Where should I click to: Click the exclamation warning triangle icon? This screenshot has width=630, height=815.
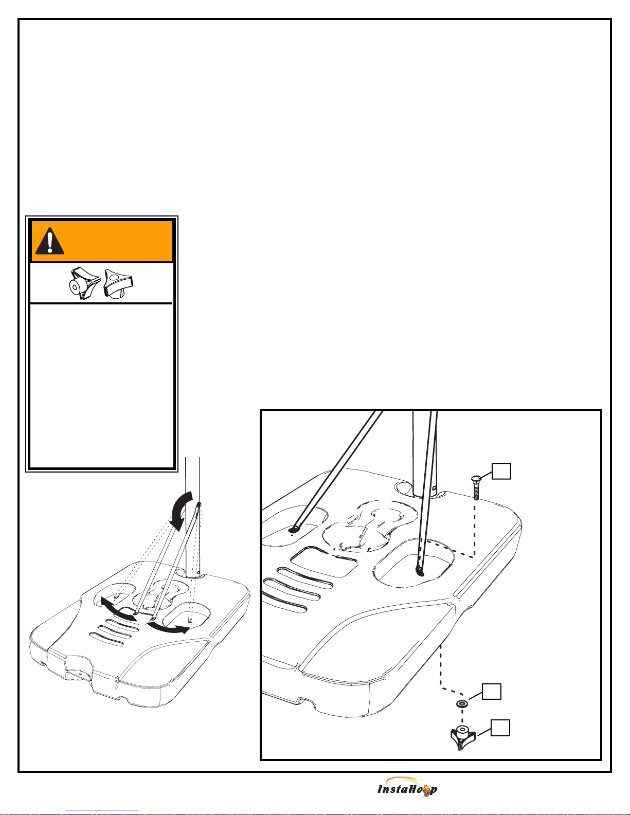point(49,241)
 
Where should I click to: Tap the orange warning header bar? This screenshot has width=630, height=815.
point(102,241)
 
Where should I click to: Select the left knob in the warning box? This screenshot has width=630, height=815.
point(85,284)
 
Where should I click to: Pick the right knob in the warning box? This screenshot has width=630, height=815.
point(118,283)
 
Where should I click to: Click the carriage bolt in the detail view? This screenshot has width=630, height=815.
point(476,487)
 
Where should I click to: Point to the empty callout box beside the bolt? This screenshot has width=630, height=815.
point(501,471)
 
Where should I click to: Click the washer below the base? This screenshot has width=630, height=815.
point(462,703)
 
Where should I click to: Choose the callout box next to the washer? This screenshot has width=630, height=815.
point(491,692)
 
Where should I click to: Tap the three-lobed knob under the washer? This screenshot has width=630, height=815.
point(463,737)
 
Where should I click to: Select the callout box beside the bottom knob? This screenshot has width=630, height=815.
point(500,728)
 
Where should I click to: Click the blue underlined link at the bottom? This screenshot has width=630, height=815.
point(102,810)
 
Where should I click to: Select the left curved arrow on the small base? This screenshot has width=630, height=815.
point(117,609)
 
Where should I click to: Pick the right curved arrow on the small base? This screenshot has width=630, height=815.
point(168,628)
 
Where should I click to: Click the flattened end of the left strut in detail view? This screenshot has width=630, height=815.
point(294,529)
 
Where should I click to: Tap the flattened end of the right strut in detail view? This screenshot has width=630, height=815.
point(419,571)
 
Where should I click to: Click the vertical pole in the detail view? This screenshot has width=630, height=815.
point(422,454)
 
